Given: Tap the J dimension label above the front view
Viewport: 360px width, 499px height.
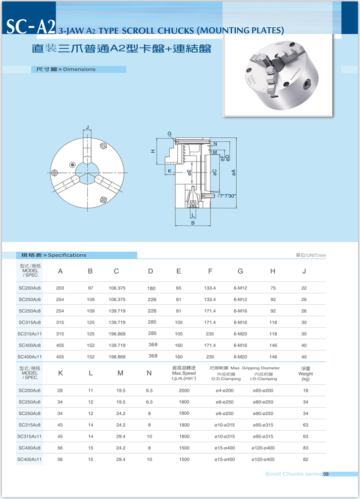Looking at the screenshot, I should point(87,128).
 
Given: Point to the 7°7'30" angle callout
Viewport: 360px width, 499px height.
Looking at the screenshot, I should point(227,196).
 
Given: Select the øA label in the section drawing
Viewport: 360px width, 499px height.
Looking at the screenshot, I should point(233,172).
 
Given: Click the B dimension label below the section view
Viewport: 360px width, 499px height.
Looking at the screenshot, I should point(193,223).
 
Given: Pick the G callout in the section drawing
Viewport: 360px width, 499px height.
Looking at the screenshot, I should point(169,134).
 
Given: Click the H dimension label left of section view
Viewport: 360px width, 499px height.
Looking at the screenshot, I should point(154,151).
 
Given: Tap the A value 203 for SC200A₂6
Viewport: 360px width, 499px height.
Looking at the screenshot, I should point(60,288).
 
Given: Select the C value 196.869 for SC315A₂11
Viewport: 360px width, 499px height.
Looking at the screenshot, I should point(117,333).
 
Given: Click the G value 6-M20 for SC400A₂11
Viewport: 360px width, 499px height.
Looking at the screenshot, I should point(240,357).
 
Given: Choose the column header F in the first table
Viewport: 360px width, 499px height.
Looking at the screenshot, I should point(210,271).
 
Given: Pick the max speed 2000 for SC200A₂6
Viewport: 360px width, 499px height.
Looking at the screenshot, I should point(184,390).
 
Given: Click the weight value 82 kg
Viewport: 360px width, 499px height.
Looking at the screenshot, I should point(306,459).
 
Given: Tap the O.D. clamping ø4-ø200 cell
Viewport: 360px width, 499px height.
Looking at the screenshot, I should point(224,390).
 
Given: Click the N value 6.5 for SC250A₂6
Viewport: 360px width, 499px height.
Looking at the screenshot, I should point(149,402).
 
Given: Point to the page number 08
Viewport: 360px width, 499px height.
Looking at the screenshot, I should point(326,474).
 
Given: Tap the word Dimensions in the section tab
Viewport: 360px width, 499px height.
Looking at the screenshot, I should point(79,69).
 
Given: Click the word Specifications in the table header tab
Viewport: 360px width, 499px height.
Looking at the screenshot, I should point(67,255).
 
